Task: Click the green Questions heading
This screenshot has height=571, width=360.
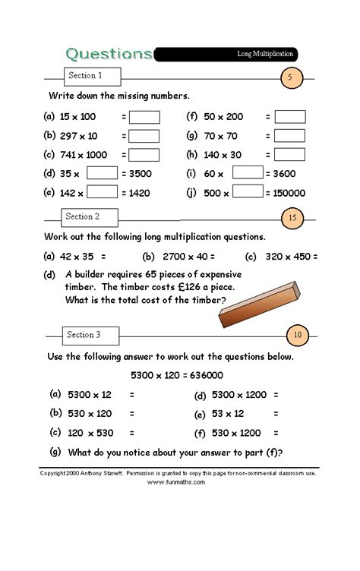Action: (x=109, y=54)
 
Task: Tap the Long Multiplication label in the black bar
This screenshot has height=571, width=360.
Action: (x=264, y=55)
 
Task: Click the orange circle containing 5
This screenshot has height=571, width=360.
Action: (x=290, y=77)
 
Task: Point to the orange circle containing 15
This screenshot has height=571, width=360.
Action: (x=293, y=219)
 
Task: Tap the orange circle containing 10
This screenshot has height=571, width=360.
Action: (x=297, y=335)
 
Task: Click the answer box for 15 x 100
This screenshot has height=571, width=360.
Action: (x=144, y=117)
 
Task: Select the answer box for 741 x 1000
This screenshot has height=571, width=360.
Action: (x=144, y=154)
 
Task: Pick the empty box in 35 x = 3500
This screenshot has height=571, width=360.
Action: (x=102, y=173)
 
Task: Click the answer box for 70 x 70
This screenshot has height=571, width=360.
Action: (x=290, y=136)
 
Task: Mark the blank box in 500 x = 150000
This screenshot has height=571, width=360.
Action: (x=248, y=191)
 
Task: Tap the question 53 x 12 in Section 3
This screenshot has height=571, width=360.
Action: (x=228, y=414)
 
